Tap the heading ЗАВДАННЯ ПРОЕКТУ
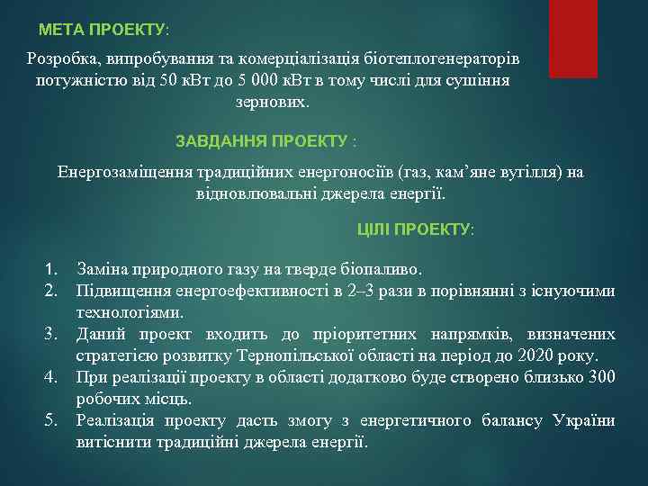pyautogui.click(x=265, y=141)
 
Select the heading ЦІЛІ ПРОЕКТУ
pyautogui.click(x=415, y=229)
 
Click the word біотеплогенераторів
pyautogui.click(x=443, y=58)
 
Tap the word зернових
pyautogui.click(x=271, y=103)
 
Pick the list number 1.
pyautogui.click(x=51, y=269)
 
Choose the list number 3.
pyautogui.click(x=51, y=335)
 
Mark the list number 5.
pyautogui.click(x=51, y=420)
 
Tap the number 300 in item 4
pyautogui.click(x=601, y=378)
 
